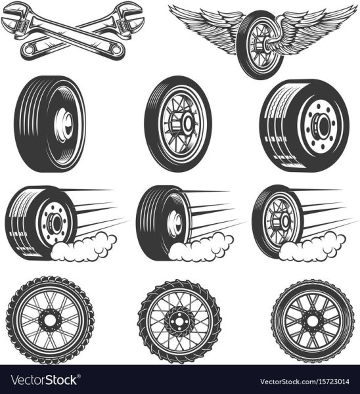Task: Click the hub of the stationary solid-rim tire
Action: tap(65, 124)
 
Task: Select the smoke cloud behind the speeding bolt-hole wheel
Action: tap(83, 247)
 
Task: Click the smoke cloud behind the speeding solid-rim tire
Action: tap(201, 247)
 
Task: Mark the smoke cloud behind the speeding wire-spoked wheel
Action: tap(313, 247)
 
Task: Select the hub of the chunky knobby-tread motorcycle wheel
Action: tap(50, 320)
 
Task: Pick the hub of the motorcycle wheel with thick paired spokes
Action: tap(313, 321)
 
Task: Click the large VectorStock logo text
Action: tap(44, 380)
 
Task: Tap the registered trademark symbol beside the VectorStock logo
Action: tap(79, 376)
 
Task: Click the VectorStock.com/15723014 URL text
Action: tap(305, 382)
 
